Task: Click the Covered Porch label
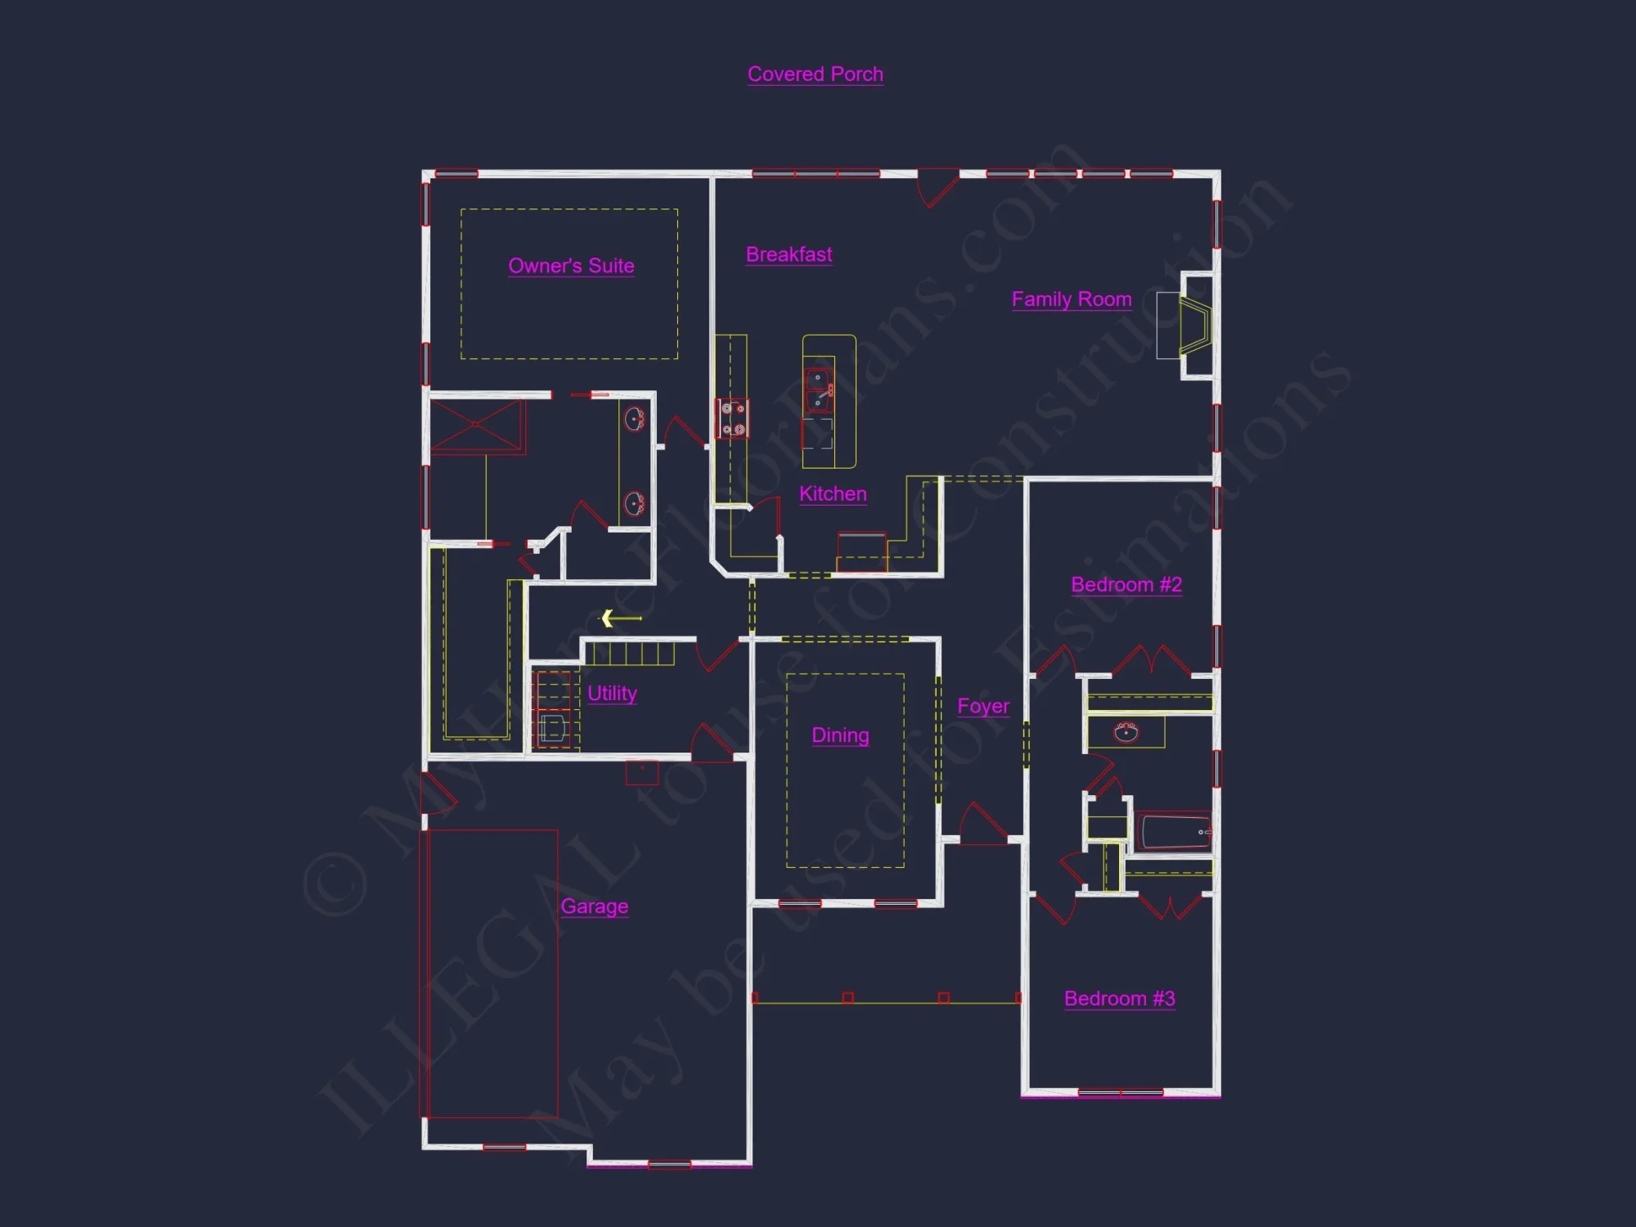tap(815, 74)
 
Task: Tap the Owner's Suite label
tap(571, 266)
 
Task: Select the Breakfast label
tap(789, 254)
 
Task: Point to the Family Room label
tap(1072, 299)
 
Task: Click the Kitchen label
tap(833, 494)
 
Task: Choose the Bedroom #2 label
tap(1126, 585)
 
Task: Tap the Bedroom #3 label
tap(1119, 999)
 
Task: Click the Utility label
tap(612, 694)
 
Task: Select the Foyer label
tap(983, 706)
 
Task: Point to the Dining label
tap(840, 735)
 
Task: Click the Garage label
tap(595, 906)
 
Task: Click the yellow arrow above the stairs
tap(621, 618)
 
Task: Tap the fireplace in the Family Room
tap(1194, 326)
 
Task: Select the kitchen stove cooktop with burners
tap(732, 418)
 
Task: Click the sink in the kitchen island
tap(819, 390)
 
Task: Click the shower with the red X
tap(476, 425)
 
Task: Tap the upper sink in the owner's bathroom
tap(635, 420)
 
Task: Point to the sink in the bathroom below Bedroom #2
tap(1126, 731)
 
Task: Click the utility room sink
tap(553, 727)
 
